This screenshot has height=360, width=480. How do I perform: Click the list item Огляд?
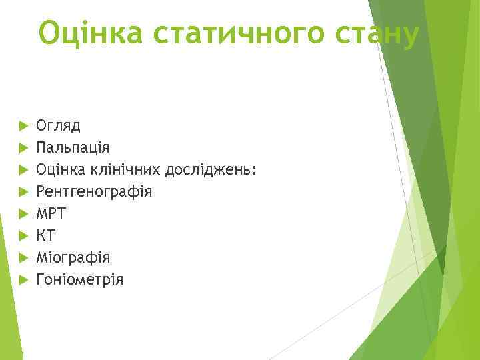point(58,126)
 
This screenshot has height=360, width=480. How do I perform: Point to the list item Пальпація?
point(73,147)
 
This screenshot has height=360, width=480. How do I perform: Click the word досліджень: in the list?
point(211,169)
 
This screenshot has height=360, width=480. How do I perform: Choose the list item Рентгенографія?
point(94,191)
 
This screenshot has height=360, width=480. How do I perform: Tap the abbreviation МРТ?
point(51,213)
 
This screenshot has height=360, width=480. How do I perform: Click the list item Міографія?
point(73,257)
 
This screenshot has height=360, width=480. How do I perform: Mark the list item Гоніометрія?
point(80,279)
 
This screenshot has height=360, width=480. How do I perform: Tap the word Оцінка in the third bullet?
point(58,169)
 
